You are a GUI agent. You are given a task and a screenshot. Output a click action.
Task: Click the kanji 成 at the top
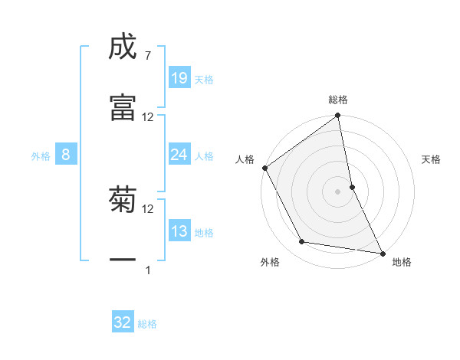coord(123,47)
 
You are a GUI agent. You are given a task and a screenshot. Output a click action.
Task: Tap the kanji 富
coord(123,106)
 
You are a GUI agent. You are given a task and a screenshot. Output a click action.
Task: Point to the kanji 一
coord(123,260)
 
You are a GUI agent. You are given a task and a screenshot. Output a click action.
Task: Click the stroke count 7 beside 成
coord(146,57)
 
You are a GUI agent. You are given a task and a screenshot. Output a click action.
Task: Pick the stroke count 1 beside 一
coord(148,270)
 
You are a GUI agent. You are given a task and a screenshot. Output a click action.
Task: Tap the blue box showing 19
coord(179,78)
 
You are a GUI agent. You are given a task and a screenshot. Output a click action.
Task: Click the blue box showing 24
coord(179,155)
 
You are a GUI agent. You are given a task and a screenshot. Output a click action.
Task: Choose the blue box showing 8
coord(66,155)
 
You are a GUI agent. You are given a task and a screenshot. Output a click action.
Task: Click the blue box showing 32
coord(123,323)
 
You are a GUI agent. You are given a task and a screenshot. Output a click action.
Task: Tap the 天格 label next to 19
coord(204,79)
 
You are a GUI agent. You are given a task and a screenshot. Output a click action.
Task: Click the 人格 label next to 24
coord(204,156)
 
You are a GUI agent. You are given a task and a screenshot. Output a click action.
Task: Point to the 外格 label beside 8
coord(41,156)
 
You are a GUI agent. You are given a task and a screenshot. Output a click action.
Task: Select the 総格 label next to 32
coord(147,324)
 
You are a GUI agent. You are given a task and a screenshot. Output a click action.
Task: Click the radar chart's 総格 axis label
coord(338,100)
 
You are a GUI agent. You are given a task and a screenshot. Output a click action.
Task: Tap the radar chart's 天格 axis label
coord(432,159)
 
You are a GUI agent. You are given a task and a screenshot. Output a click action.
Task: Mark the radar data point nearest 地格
coord(381,252)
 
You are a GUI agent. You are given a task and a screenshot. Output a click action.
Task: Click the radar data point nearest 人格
coord(264,168)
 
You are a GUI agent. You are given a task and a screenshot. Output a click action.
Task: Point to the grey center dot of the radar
coord(338,191)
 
